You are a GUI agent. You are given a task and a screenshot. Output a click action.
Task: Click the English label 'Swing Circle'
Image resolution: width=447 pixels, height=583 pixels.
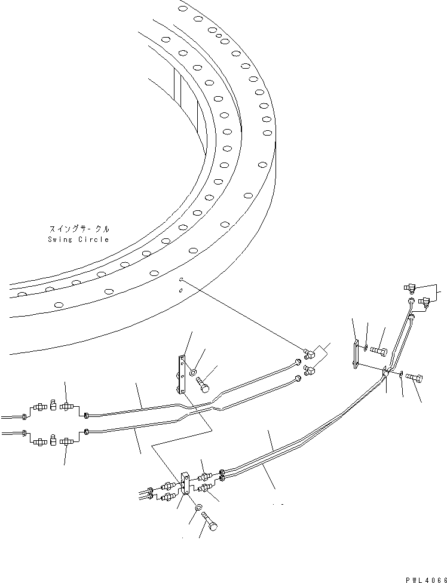click(78, 240)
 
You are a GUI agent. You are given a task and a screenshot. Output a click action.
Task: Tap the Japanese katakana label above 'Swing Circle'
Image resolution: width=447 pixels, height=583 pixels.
click(78, 229)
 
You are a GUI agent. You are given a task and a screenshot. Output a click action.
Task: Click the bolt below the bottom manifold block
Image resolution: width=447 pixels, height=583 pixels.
click(210, 521)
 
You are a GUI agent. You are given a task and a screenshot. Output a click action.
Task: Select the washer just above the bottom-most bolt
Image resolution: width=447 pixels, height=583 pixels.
click(198, 507)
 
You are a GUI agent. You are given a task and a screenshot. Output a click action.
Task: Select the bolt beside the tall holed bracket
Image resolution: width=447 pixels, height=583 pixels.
click(203, 385)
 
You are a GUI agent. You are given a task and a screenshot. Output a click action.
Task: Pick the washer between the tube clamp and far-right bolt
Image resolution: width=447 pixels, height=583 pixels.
click(401, 375)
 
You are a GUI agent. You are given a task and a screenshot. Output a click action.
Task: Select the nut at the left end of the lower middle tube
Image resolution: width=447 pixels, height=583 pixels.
click(87, 431)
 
